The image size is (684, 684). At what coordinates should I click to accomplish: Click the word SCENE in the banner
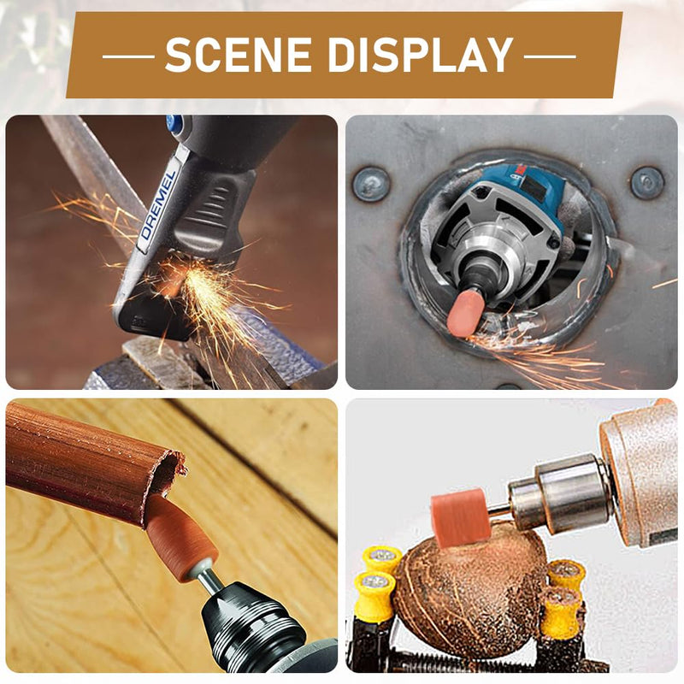point(239,55)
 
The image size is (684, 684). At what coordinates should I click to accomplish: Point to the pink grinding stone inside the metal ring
point(464,313)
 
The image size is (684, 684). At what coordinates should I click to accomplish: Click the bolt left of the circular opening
point(371,184)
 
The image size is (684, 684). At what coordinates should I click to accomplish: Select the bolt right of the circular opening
point(647,183)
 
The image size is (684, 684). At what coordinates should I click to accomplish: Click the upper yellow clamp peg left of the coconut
point(383,559)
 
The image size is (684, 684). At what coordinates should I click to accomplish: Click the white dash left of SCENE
point(129,56)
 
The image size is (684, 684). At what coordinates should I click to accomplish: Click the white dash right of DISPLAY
point(550,56)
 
